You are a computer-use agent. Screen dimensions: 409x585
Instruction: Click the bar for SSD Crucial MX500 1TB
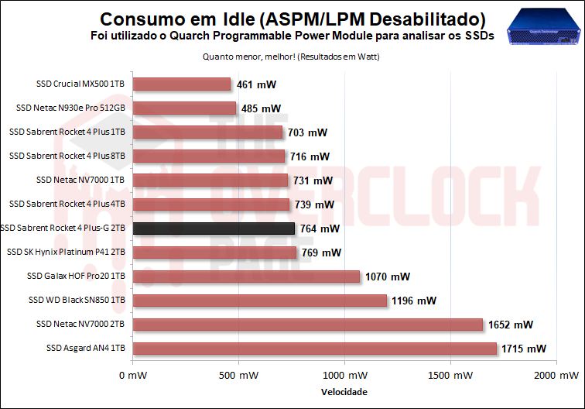point(182,84)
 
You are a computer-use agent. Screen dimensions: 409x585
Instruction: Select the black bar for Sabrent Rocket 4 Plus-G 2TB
point(214,229)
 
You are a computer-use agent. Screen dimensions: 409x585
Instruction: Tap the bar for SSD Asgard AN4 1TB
point(314,349)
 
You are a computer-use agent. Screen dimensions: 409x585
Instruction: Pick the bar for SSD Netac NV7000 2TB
point(307,325)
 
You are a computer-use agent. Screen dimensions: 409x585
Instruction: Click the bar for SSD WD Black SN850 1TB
point(259,301)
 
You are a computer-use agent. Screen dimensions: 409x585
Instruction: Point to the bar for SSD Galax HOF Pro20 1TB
point(246,277)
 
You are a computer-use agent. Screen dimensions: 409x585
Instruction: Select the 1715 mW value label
point(524,349)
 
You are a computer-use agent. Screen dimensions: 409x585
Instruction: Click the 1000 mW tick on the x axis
point(343,376)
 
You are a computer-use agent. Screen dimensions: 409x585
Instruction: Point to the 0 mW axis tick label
point(132,376)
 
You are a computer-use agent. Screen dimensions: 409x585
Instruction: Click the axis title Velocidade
point(344,391)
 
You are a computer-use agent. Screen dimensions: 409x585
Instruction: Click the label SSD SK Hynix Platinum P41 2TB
point(67,253)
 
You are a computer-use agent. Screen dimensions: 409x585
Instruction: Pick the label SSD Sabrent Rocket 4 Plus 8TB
point(67,156)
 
